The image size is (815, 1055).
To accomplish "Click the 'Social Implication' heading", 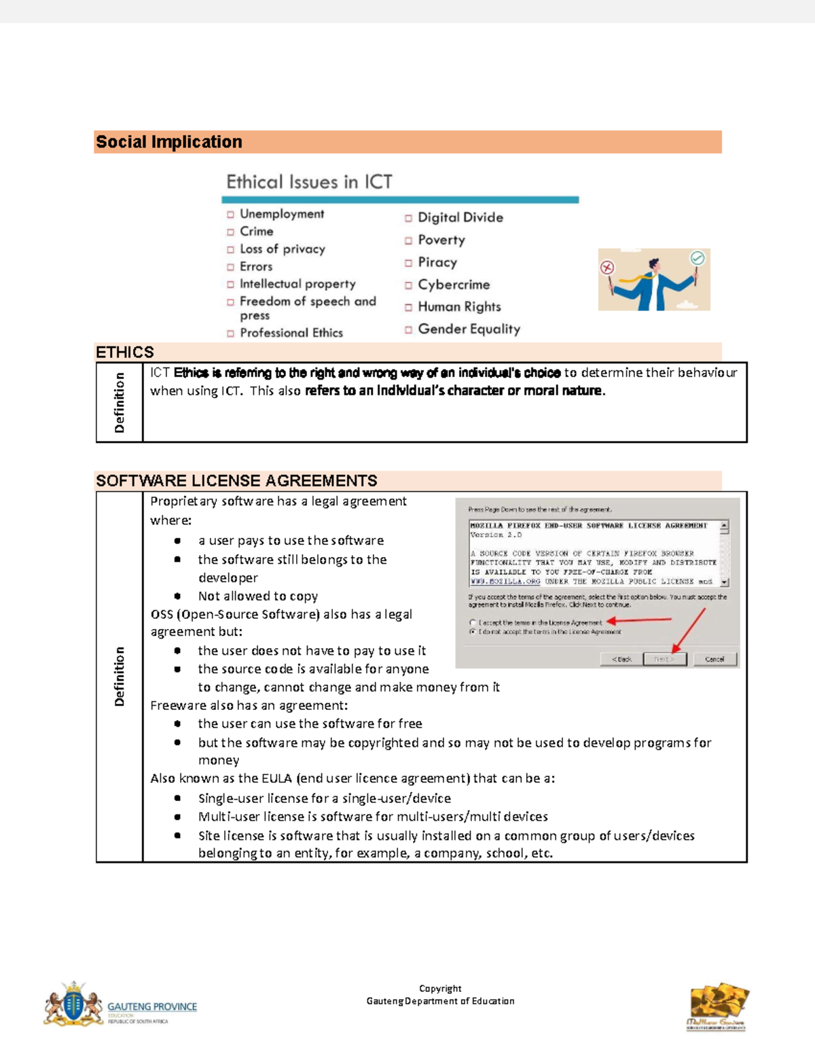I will pyautogui.click(x=169, y=142).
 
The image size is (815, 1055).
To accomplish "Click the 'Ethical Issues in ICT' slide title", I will pyautogui.click(x=309, y=182).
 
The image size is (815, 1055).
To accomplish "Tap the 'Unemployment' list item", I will pyautogui.click(x=282, y=214).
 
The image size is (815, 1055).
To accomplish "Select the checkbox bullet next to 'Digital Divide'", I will pyautogui.click(x=408, y=218).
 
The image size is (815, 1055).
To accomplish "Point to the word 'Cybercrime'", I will pyautogui.click(x=454, y=285).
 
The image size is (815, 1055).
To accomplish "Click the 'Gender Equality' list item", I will pyautogui.click(x=469, y=329).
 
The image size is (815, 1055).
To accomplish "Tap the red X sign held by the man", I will pyautogui.click(x=607, y=268).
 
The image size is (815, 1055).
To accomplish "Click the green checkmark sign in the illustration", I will pyautogui.click(x=697, y=258).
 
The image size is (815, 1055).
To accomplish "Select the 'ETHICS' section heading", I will pyautogui.click(x=125, y=352).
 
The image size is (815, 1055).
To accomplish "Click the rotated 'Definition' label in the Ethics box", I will pyautogui.click(x=120, y=402).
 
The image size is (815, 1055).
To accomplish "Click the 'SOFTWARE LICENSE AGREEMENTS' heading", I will pyautogui.click(x=236, y=481).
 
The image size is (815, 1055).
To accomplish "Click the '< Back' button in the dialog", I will pyautogui.click(x=621, y=659).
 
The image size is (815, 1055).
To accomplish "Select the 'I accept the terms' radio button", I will pyautogui.click(x=473, y=622).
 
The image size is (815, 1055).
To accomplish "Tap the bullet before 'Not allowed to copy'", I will pyautogui.click(x=177, y=596).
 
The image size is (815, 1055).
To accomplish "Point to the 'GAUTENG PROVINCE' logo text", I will pyautogui.click(x=152, y=1007).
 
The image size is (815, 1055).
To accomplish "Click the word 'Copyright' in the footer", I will pyautogui.click(x=440, y=988).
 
